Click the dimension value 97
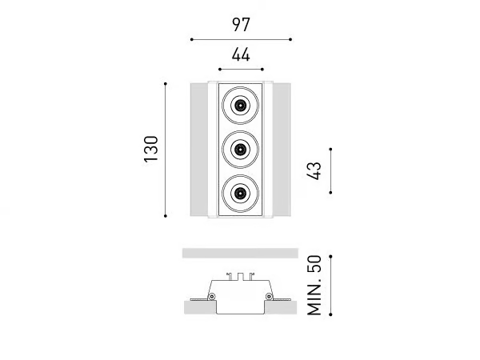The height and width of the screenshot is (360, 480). coord(241,25)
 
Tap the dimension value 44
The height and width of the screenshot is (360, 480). coord(241,55)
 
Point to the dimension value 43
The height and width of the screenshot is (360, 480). coord(314,171)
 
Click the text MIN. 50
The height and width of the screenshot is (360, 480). coord(314,286)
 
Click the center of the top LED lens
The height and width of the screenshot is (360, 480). coord(240,106)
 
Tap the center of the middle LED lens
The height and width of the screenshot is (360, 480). coord(240,150)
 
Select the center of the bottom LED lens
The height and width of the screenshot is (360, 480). coord(240,193)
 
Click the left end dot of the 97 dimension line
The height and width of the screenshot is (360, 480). coord(192,39)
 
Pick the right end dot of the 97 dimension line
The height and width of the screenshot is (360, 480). coord(290,39)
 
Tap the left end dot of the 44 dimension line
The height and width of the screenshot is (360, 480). coord(220,70)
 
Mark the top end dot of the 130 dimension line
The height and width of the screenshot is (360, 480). coord(166,83)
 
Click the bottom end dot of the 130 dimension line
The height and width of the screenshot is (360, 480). coord(166,216)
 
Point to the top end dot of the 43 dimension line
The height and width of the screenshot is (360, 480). coord(330,149)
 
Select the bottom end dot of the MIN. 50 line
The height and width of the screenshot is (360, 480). coord(330,314)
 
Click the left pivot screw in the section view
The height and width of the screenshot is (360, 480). coord(211,296)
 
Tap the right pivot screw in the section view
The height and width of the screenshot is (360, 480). coord(269,296)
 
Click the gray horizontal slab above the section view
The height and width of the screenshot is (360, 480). coord(240,253)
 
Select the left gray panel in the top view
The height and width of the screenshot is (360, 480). coord(199,150)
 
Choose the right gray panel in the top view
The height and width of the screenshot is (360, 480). coord(282,150)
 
